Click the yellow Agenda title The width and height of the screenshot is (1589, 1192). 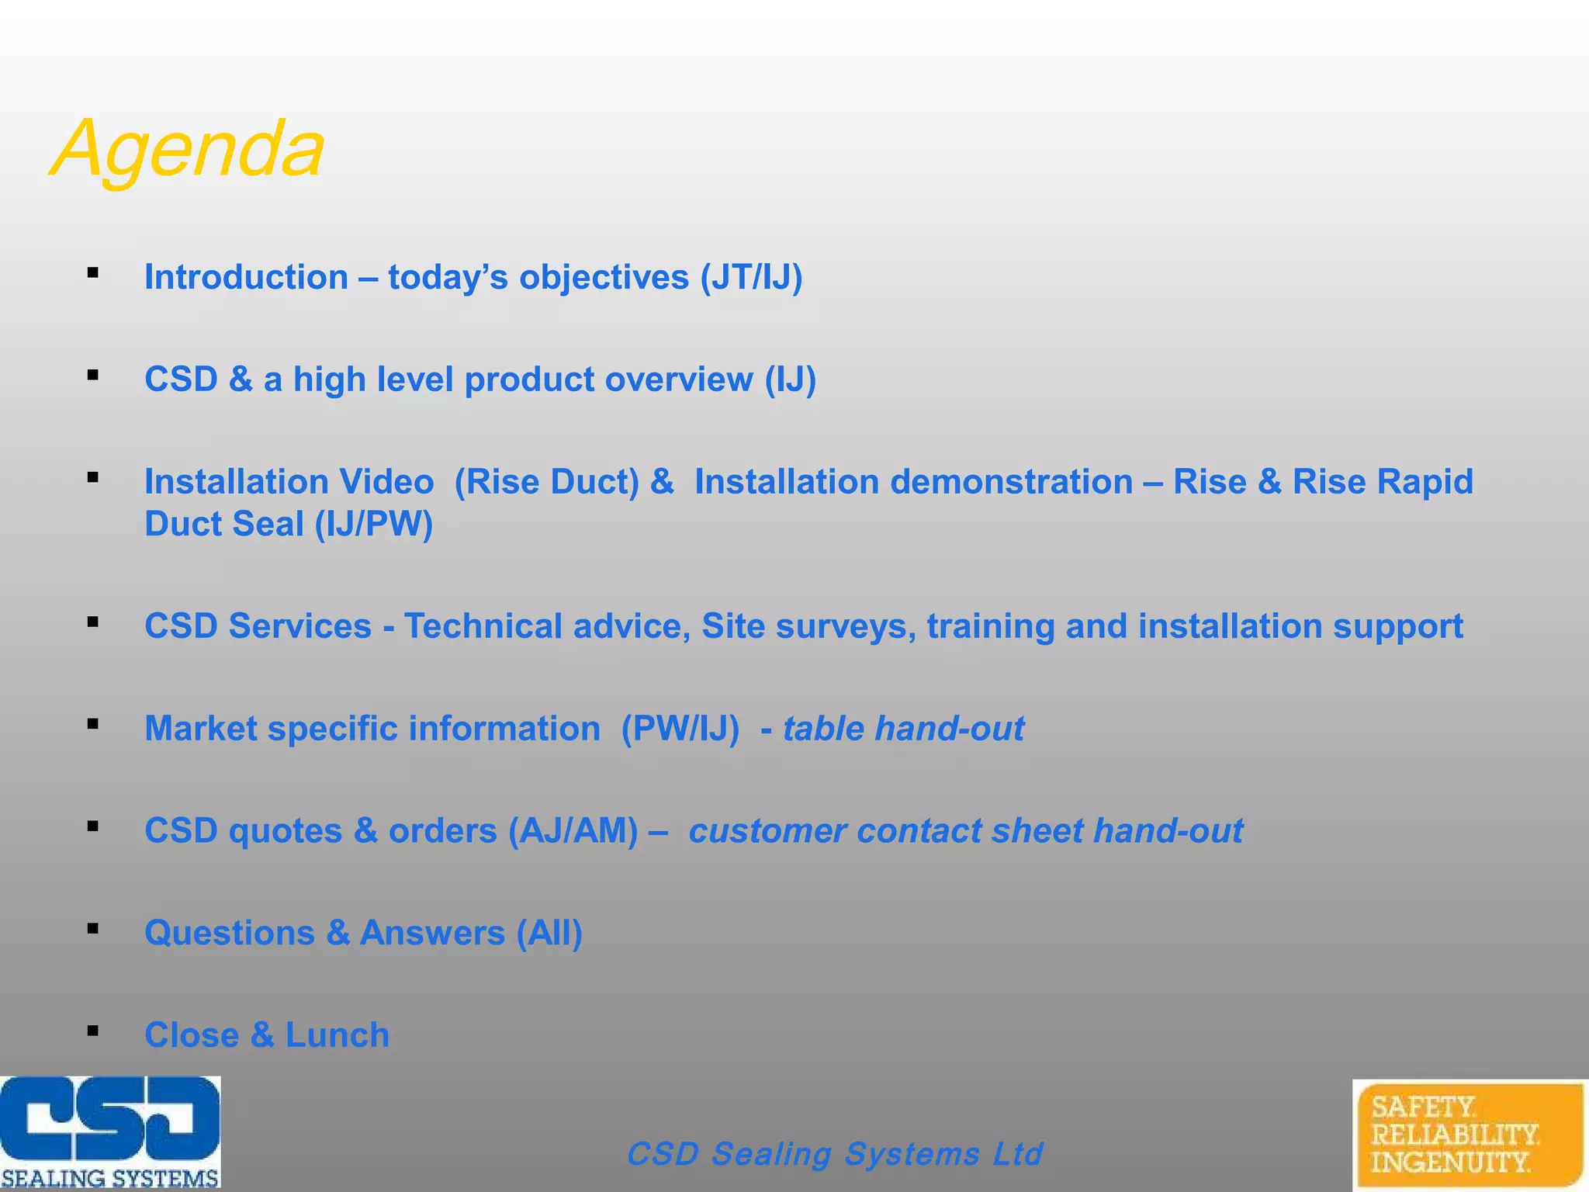pos(188,149)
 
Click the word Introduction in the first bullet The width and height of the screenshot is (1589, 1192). pos(246,278)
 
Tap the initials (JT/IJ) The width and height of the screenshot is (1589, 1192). pos(751,278)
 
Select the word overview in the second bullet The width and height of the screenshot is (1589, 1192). pos(679,380)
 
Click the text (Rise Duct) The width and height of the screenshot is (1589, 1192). pos(547,482)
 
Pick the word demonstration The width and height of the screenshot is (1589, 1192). pos(1011,482)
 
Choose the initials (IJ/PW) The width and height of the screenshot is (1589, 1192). pos(373,525)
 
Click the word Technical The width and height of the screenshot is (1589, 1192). pos(483,626)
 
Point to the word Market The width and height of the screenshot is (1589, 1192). pos(201,729)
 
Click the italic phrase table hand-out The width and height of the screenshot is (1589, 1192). pos(903,729)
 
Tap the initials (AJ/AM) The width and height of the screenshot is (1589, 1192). pos(573,831)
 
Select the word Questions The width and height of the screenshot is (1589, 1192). pos(230,933)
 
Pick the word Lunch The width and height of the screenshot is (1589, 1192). pos(338,1035)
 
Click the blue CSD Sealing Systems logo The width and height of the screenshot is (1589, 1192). pos(110,1131)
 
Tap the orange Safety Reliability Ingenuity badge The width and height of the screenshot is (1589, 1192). pos(1469,1134)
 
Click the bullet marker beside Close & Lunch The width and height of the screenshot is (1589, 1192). pos(93,1031)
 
